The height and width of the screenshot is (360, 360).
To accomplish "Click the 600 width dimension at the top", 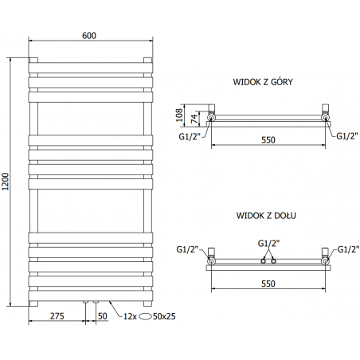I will click(x=90, y=34).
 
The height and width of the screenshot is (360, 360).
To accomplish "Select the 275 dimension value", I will click(x=57, y=316).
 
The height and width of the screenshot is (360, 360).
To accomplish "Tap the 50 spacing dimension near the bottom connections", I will click(x=102, y=316).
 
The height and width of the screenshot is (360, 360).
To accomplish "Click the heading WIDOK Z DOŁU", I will click(x=267, y=216).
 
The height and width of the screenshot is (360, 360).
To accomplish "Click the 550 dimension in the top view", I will click(x=268, y=139).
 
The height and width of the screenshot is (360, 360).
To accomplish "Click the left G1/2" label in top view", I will click(x=188, y=135).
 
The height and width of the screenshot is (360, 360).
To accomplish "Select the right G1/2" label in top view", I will click(x=346, y=135).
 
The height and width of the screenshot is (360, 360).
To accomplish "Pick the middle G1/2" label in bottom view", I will click(x=268, y=242).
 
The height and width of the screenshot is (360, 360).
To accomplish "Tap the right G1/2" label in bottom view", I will click(x=346, y=249).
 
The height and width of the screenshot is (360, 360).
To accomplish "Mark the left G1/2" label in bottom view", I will click(x=188, y=249).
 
